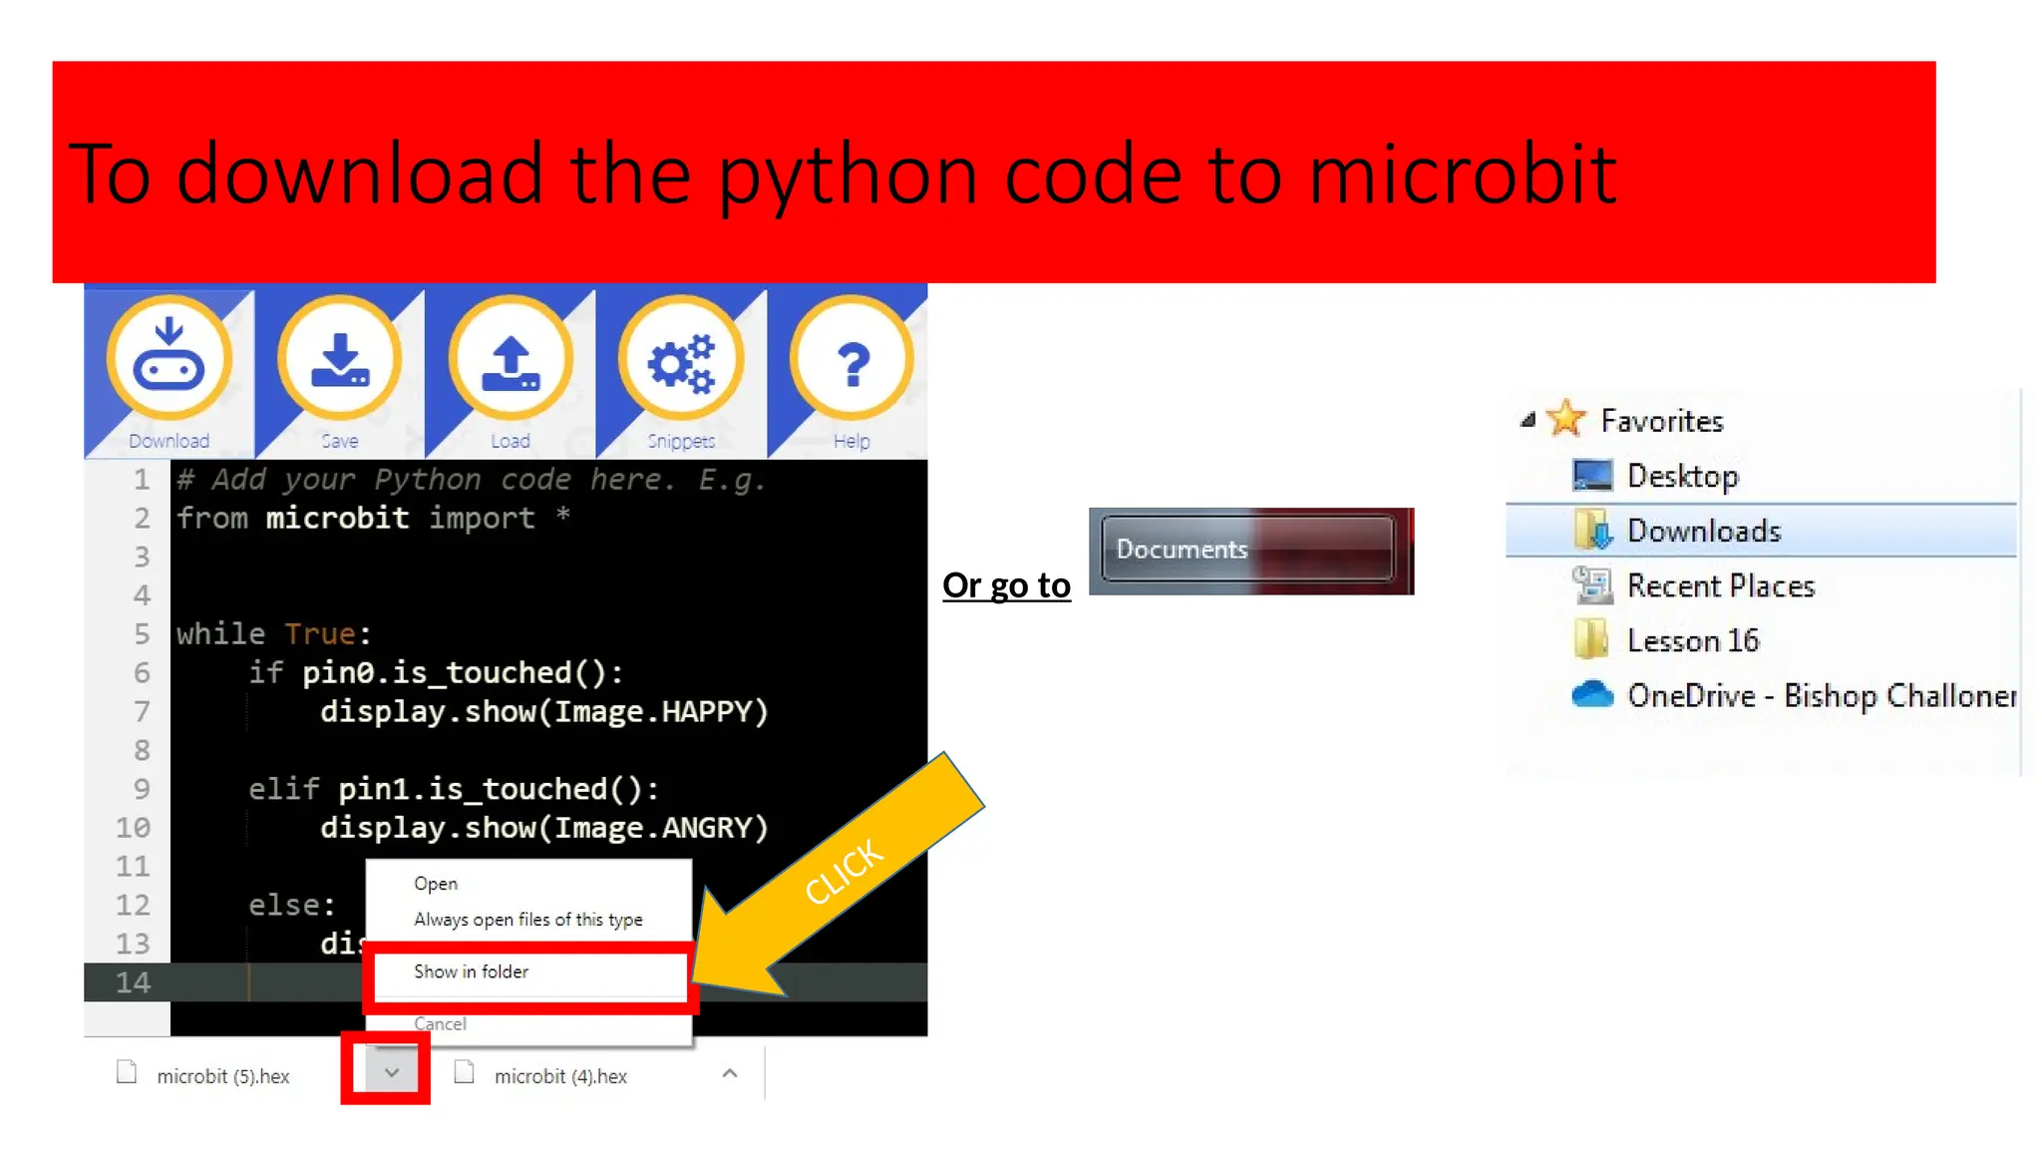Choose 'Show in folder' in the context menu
[x=471, y=971]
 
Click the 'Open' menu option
[x=436, y=884]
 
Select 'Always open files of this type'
[x=527, y=920]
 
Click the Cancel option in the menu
[x=440, y=1024]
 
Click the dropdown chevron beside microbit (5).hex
[x=391, y=1073]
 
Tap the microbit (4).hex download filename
[x=560, y=1076]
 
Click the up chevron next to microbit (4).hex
[x=730, y=1073]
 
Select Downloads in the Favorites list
[x=1703, y=531]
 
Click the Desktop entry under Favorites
[x=1682, y=476]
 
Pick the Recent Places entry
[x=1720, y=585]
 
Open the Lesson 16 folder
[x=1692, y=640]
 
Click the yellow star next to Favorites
[x=1566, y=419]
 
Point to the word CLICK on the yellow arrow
[x=844, y=871]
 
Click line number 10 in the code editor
[x=133, y=828]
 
